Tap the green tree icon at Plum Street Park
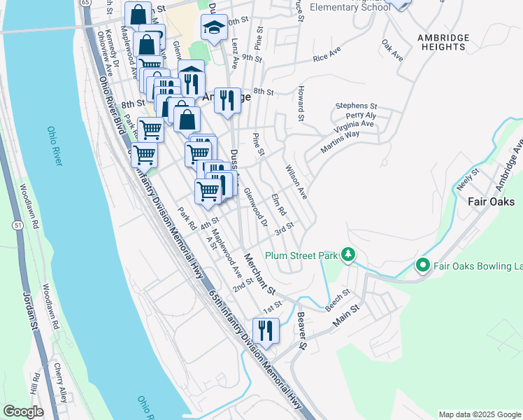tap(350, 256)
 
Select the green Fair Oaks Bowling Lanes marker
tap(422, 266)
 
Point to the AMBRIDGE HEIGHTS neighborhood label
tap(441, 41)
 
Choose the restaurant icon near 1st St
tap(265, 330)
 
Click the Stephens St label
tap(356, 105)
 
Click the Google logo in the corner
tap(23, 412)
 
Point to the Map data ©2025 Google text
tap(480, 414)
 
